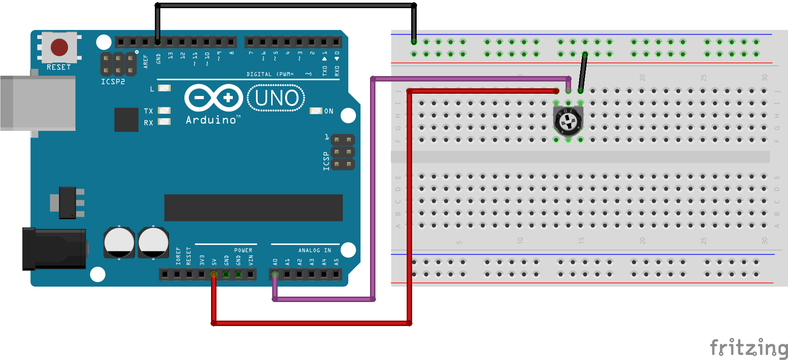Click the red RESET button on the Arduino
coord(59,47)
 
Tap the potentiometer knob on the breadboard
coord(568,121)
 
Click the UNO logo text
coord(276,98)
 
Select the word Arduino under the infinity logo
coord(211,120)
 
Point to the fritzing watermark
coord(748,348)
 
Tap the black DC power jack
coord(54,249)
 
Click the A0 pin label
coord(275,262)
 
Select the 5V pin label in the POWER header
coord(214,262)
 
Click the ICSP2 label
coord(113,82)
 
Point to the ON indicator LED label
coord(329,111)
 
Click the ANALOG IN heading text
coord(314,250)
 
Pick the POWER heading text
coord(243,250)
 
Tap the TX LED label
coord(149,111)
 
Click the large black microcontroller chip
coord(253,208)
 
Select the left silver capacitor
coord(119,242)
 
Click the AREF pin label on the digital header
coord(146,61)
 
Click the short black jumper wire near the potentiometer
coord(583,72)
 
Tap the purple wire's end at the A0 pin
coord(275,275)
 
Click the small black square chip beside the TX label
coord(126,120)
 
